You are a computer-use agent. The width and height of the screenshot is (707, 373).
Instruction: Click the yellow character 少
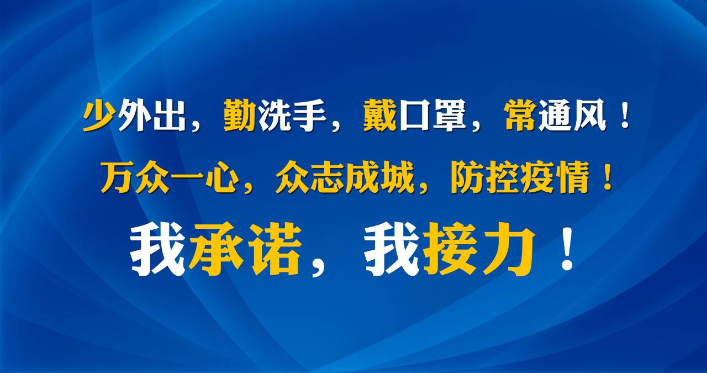(x=98, y=115)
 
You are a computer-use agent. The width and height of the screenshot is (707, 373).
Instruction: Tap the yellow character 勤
(x=240, y=115)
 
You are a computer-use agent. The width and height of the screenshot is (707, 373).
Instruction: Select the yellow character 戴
(x=380, y=115)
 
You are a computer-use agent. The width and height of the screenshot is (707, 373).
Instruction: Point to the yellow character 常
(x=520, y=115)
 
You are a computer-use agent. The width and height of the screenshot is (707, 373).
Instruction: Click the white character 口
(x=415, y=116)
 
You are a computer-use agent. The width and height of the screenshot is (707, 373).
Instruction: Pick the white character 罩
(x=450, y=115)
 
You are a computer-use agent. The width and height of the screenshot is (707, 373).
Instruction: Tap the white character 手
(x=310, y=115)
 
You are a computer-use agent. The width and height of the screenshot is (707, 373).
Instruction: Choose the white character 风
(x=590, y=115)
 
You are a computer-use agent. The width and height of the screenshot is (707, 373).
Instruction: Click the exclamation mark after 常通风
(x=625, y=116)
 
